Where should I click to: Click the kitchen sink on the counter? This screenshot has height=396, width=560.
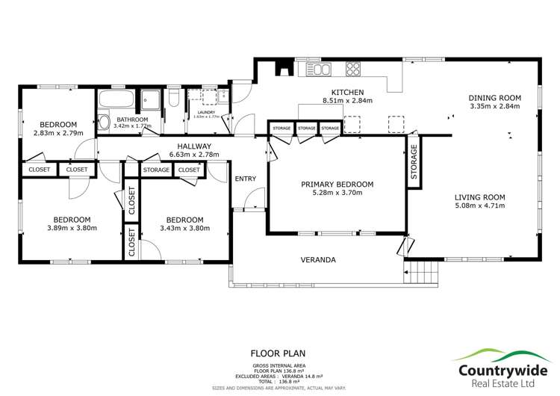coord(321,70)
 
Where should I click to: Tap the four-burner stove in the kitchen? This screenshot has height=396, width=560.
coord(352,70)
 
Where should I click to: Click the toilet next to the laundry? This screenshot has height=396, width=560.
coord(173,98)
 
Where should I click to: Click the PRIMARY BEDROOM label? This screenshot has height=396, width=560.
coord(337,184)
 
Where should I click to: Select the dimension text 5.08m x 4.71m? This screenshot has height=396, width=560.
coord(480,207)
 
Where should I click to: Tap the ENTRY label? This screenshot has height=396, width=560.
coord(245,179)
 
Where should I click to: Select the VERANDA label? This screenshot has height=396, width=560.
coord(318,260)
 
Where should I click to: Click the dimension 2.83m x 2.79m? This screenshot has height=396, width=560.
coord(58,133)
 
